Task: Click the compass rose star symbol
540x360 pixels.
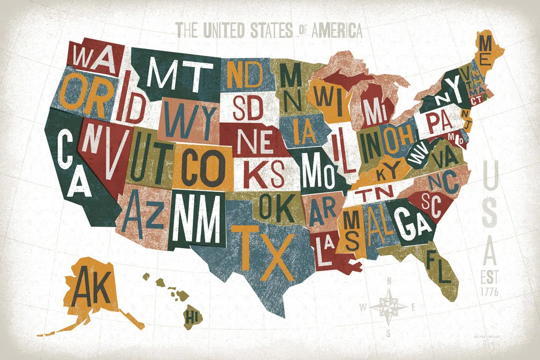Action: pyautogui.click(x=388, y=306)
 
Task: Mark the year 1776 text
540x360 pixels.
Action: pyautogui.click(x=490, y=290)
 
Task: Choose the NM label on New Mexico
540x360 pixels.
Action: pyautogui.click(x=197, y=218)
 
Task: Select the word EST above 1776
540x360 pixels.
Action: pyautogui.click(x=490, y=277)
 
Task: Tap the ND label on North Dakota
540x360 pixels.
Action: pyautogui.click(x=244, y=74)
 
